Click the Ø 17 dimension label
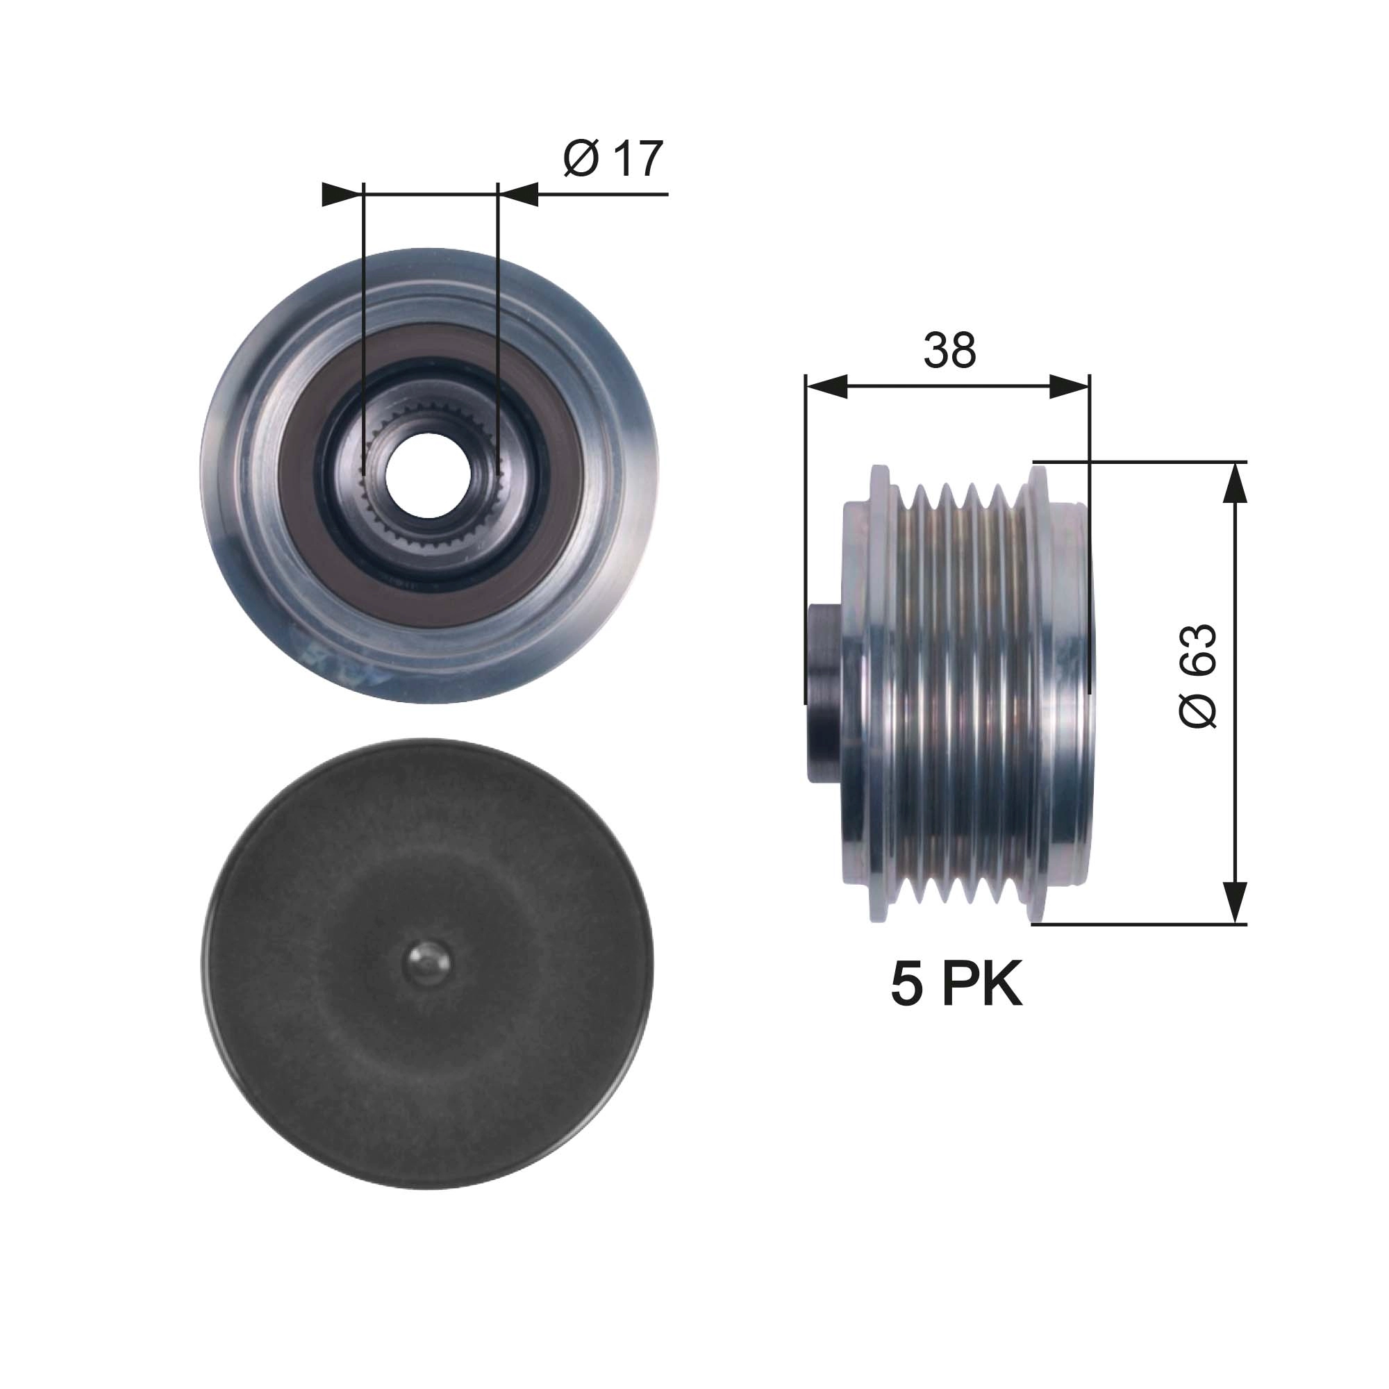pyautogui.click(x=613, y=159)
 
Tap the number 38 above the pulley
pyautogui.click(x=949, y=350)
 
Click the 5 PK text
pyautogui.click(x=956, y=985)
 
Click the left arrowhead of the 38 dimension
pyautogui.click(x=826, y=387)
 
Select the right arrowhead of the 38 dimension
pyautogui.click(x=1069, y=387)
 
